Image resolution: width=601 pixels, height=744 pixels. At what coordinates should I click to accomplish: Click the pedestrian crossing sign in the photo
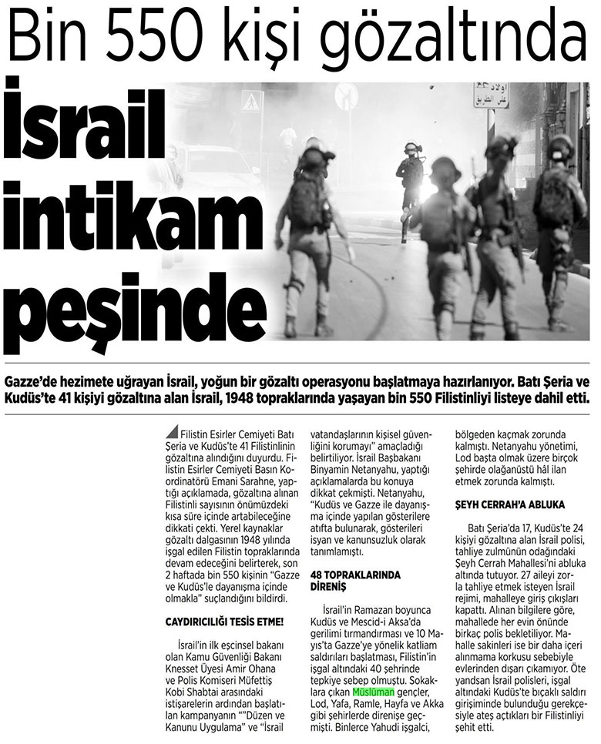coord(251,101)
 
